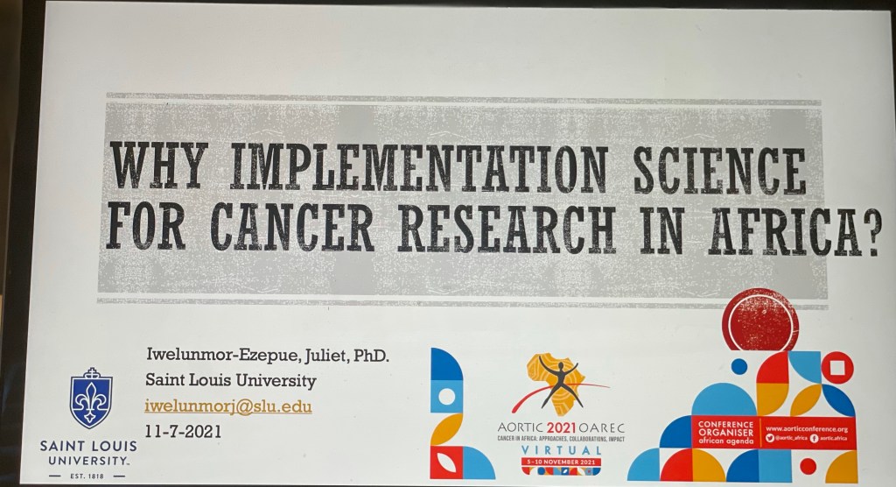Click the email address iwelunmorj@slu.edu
(228, 406)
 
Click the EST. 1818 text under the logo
(87, 476)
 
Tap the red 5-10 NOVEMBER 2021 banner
(561, 460)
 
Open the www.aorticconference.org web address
(806, 428)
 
